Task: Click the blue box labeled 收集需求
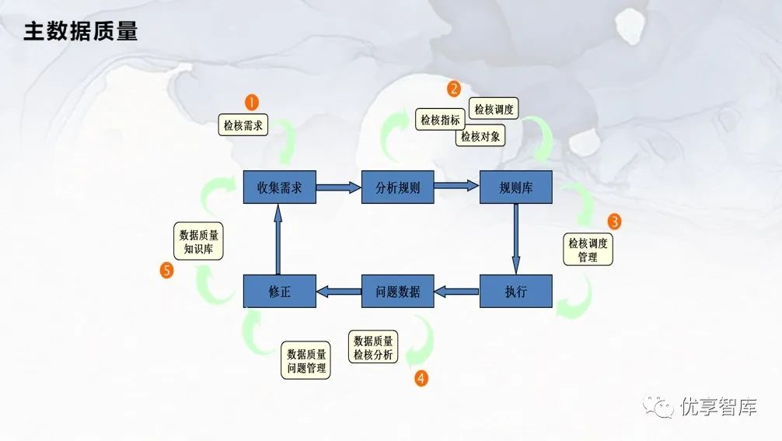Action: coord(279,187)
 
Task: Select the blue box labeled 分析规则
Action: coord(397,187)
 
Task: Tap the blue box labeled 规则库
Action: coord(515,187)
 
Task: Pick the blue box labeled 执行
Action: coord(515,291)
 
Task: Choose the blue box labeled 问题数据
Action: coord(397,291)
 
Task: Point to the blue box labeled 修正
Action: coord(279,291)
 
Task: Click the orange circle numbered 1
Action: coord(252,102)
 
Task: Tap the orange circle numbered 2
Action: coord(454,89)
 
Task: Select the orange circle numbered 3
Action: coord(614,222)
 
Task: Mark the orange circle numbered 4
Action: coord(421,378)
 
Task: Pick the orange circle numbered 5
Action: coord(166,271)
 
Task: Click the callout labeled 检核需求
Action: coord(243,124)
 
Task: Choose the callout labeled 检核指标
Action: coord(440,120)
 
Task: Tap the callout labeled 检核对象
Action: coord(480,135)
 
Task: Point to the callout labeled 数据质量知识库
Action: coord(198,241)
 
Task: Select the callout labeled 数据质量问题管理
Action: coord(305,360)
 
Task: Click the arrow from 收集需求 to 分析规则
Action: coord(339,187)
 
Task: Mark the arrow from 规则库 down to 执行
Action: coord(515,239)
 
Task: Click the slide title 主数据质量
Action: coord(80,31)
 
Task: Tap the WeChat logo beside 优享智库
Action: coord(658,406)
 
